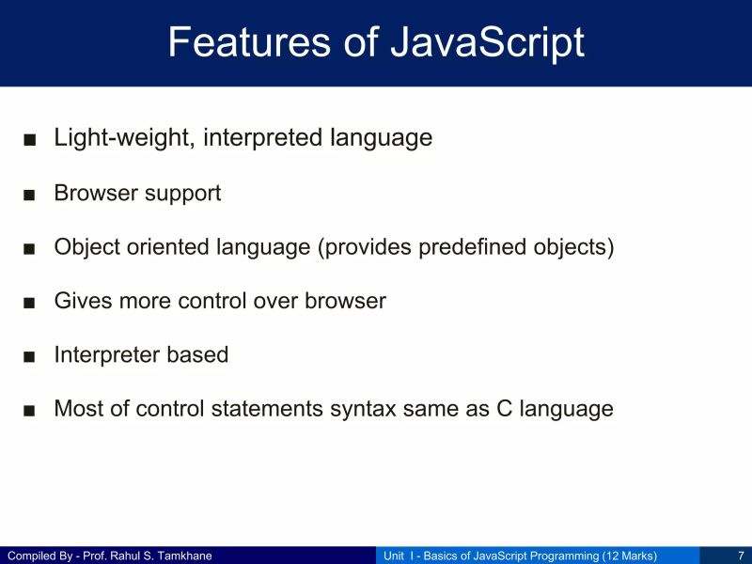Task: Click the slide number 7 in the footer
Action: tap(741, 556)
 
